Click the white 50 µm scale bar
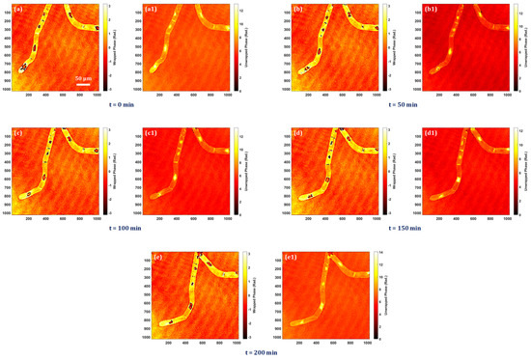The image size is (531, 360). (84, 81)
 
